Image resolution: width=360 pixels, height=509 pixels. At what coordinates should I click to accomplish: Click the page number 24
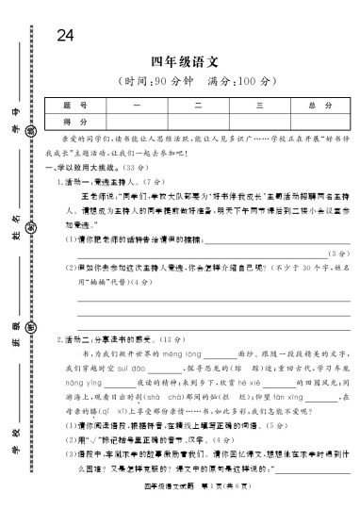[65, 36]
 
